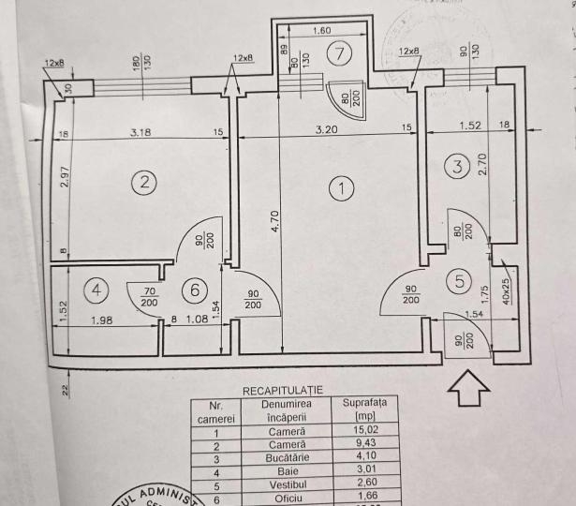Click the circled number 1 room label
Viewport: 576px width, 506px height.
(x=343, y=189)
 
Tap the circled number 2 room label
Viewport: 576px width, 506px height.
(x=142, y=183)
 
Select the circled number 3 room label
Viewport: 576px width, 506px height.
(x=456, y=168)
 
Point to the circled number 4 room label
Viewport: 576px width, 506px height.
(x=97, y=290)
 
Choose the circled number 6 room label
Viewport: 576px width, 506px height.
(x=195, y=291)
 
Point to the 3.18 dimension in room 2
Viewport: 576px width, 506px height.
(x=140, y=132)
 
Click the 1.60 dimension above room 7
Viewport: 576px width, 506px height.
(x=321, y=30)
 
